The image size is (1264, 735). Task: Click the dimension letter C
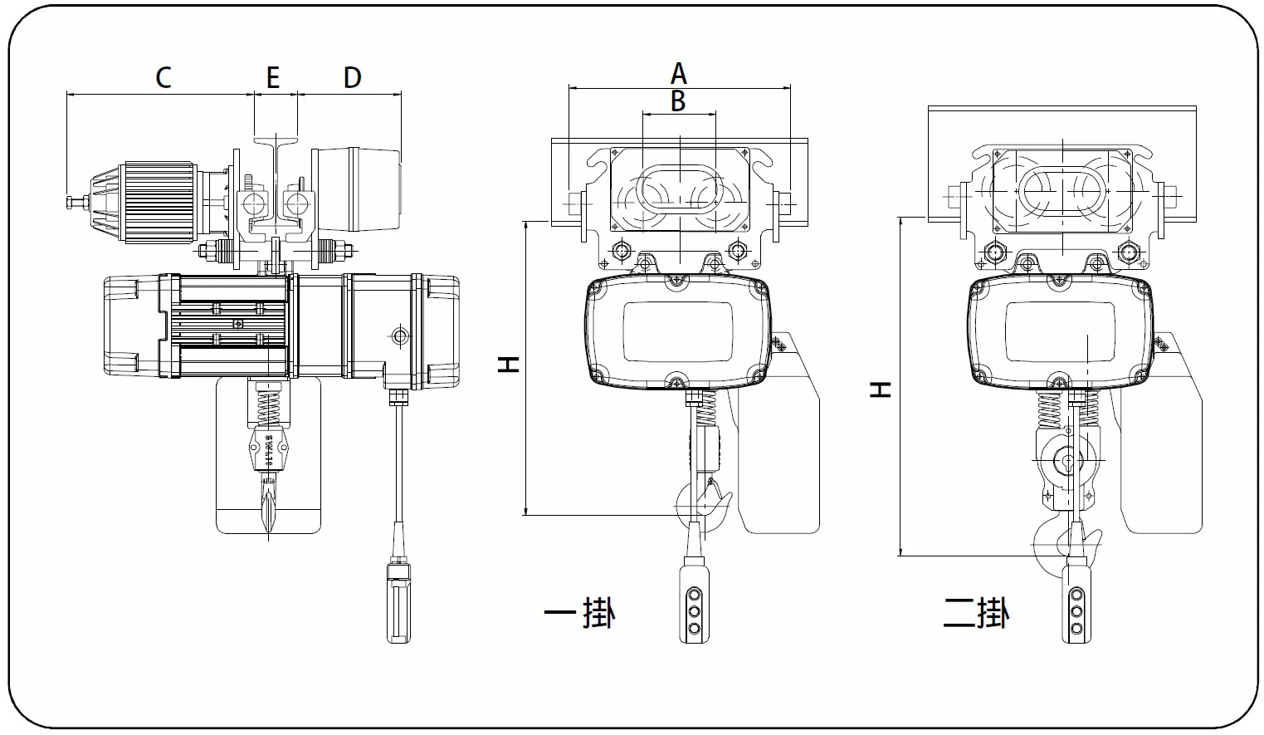coord(163,77)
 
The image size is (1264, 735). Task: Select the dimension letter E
coord(273,77)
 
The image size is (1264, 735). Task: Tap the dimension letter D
coord(353,77)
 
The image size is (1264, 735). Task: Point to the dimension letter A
coord(679,73)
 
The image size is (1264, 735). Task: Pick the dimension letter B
coord(678,100)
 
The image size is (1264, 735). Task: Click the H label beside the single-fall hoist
coord(508,365)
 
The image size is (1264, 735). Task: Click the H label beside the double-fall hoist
coord(880,390)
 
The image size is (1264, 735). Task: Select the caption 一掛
coord(579,613)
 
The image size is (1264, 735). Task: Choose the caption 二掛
coord(976,613)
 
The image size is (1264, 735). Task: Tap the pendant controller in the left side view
coord(399,600)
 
